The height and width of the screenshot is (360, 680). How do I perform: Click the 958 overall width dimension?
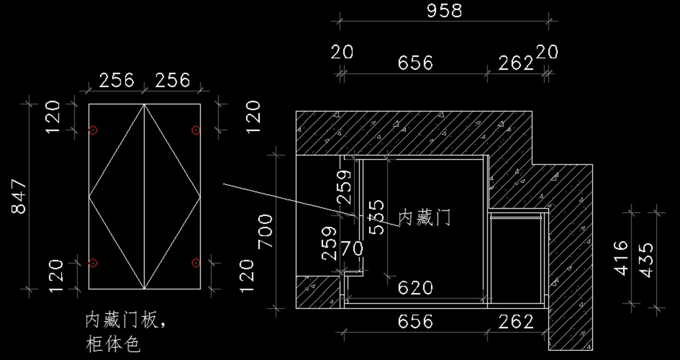click(444, 11)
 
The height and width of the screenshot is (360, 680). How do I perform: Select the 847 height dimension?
click(19, 196)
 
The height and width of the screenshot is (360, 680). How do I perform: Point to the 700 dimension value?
click(266, 231)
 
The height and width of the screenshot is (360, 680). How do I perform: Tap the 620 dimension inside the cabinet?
click(415, 288)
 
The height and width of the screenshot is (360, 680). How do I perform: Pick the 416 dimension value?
click(621, 258)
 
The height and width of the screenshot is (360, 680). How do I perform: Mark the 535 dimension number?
click(376, 216)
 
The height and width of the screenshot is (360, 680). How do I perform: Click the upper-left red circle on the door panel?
click(93, 130)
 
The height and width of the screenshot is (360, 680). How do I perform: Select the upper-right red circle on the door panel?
click(195, 130)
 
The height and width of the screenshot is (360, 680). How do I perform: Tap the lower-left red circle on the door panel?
click(93, 262)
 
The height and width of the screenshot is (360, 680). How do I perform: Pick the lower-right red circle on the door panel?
click(195, 262)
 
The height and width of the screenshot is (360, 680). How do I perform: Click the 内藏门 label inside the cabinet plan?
click(425, 217)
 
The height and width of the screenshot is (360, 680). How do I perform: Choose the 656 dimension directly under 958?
click(415, 62)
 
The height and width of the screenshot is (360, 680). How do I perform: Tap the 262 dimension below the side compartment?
click(516, 322)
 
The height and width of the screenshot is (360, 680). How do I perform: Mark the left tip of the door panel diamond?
click(90, 197)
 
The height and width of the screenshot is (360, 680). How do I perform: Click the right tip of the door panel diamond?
click(200, 197)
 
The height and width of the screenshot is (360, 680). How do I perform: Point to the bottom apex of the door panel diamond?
click(144, 289)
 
